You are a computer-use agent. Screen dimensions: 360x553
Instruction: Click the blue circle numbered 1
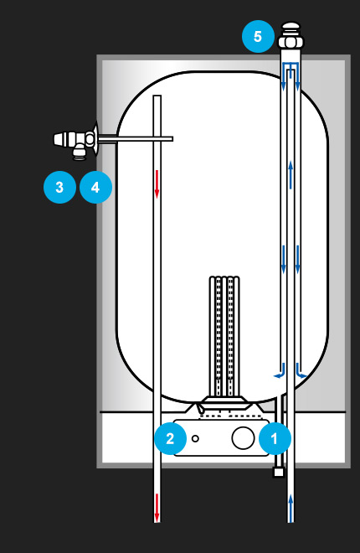(x=275, y=438)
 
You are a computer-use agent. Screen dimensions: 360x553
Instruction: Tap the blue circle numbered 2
(x=171, y=438)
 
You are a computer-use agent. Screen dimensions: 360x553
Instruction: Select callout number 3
(x=59, y=187)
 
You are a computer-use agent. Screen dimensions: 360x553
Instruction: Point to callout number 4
(x=95, y=187)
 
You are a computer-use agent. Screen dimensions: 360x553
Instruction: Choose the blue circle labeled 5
(x=258, y=36)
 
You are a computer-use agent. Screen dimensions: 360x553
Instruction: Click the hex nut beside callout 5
(x=291, y=42)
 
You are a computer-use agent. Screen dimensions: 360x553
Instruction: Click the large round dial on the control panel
(x=243, y=438)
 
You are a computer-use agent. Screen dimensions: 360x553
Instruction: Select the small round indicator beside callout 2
(x=195, y=438)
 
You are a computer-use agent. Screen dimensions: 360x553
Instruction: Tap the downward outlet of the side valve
(x=79, y=155)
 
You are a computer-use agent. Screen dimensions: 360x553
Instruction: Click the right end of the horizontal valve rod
(x=172, y=139)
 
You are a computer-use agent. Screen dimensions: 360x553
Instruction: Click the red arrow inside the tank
(x=157, y=183)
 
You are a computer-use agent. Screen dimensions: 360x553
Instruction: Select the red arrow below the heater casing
(x=157, y=508)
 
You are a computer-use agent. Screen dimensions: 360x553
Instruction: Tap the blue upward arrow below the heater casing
(x=291, y=508)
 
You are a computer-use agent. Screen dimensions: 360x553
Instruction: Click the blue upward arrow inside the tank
(x=291, y=174)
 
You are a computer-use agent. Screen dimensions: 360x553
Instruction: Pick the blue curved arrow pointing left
(x=280, y=371)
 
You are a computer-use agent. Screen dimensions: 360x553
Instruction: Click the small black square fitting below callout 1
(x=279, y=472)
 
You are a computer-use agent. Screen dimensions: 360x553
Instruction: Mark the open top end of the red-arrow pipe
(x=157, y=96)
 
